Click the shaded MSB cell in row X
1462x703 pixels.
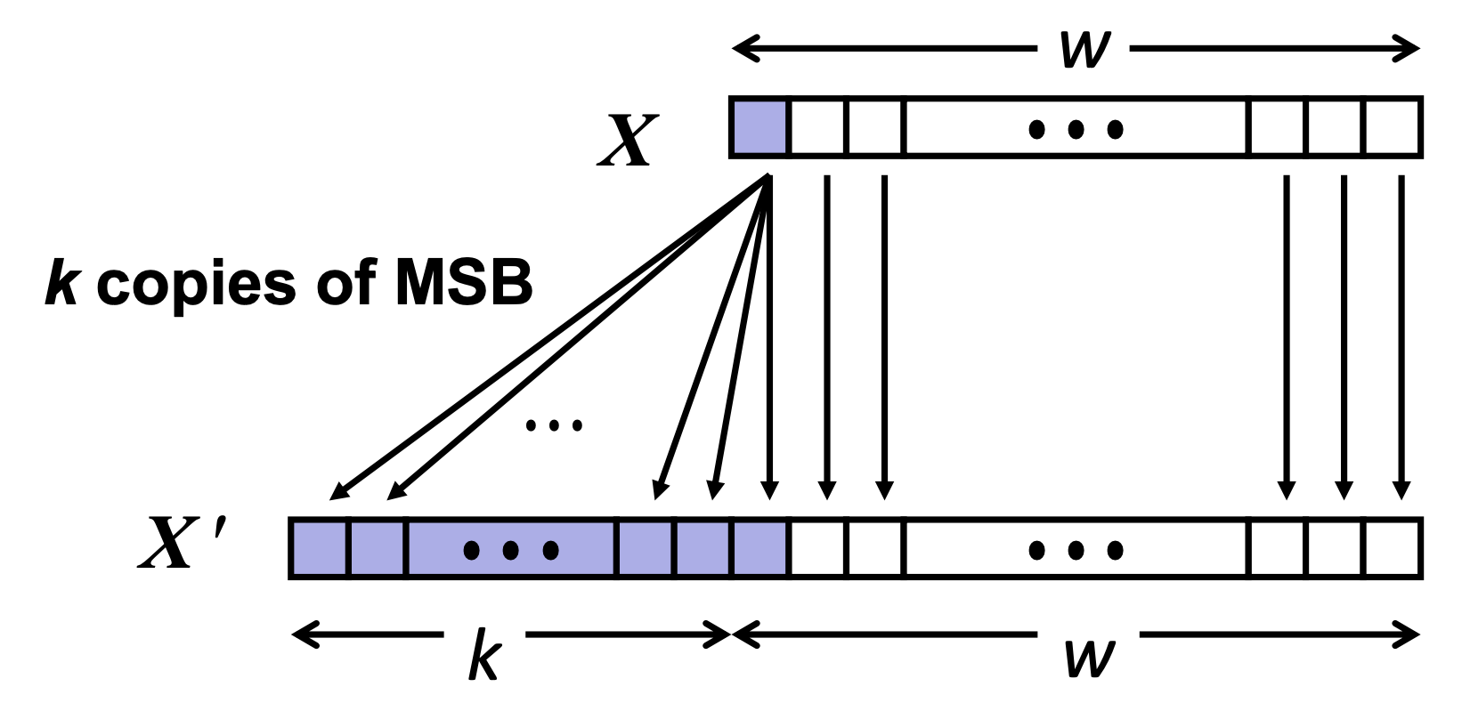coord(759,127)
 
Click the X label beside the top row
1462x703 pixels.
coord(629,141)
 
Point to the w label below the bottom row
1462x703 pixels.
coord(1089,657)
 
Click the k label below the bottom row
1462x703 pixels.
coord(484,655)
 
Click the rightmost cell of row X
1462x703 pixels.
coord(1391,127)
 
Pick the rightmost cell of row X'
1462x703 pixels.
coord(1391,548)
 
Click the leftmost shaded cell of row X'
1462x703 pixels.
coord(319,548)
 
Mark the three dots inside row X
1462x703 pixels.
coord(1076,130)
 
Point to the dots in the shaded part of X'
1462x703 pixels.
coord(511,551)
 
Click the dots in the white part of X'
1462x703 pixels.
coord(1076,551)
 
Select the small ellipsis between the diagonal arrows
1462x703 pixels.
coord(554,425)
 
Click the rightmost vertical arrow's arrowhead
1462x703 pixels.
coord(1401,489)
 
